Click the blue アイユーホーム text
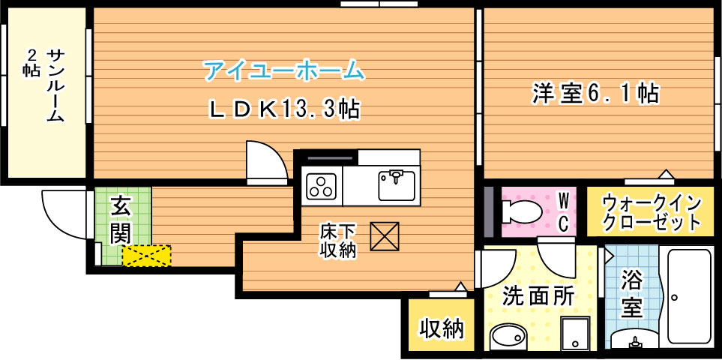pyautogui.click(x=283, y=71)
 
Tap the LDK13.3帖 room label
pyautogui.click(x=283, y=109)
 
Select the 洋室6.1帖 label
pyautogui.click(x=595, y=93)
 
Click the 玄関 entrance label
pyautogui.click(x=120, y=219)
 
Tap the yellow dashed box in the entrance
pyautogui.click(x=146, y=256)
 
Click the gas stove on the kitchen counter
pyautogui.click(x=322, y=185)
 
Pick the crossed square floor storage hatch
pyautogui.click(x=386, y=238)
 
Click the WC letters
pyautogui.click(x=564, y=211)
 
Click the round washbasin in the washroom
pyautogui.click(x=508, y=337)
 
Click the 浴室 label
pyautogui.click(x=632, y=294)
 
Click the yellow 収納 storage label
pyautogui.click(x=441, y=328)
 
